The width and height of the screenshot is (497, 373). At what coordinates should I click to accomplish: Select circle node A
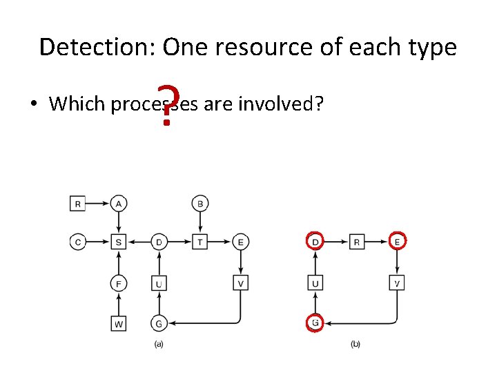tap(119, 203)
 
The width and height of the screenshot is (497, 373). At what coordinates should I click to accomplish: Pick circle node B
tap(200, 203)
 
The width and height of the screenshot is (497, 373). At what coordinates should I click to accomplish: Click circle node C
tap(78, 242)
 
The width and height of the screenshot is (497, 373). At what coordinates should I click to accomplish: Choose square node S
tap(119, 242)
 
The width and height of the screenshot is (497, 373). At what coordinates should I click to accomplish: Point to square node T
tap(200, 242)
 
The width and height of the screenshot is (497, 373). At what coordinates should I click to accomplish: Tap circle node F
tap(119, 283)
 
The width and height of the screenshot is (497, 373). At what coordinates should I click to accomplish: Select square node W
tap(119, 323)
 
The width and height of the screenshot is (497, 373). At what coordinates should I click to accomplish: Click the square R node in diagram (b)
tap(356, 242)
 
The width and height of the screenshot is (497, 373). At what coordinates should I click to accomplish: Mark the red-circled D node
tap(315, 242)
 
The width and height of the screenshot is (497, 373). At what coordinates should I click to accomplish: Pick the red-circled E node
tap(397, 242)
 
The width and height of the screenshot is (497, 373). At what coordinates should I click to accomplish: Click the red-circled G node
tap(315, 323)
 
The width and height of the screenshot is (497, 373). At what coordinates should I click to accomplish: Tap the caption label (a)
tap(159, 344)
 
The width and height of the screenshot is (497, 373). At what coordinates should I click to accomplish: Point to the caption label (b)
tap(355, 344)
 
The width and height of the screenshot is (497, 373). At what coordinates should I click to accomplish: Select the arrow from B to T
tap(200, 222)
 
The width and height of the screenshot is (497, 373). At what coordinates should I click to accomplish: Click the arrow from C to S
tap(98, 242)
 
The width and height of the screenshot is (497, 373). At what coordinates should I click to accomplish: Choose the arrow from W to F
tap(119, 303)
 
